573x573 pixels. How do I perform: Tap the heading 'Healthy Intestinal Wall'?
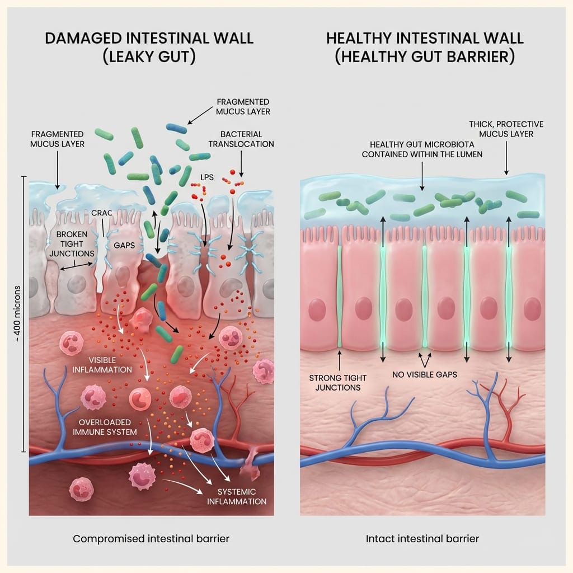tap(425, 39)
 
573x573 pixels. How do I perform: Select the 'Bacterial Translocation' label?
tap(241, 139)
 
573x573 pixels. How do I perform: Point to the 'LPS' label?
tap(208, 177)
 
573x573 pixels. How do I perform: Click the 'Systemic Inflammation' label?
tap(237, 496)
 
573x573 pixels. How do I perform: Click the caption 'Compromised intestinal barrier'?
tap(151, 539)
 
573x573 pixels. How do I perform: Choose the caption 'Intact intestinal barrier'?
tap(422, 539)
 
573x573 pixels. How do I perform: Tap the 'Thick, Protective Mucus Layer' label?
tap(507, 129)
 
